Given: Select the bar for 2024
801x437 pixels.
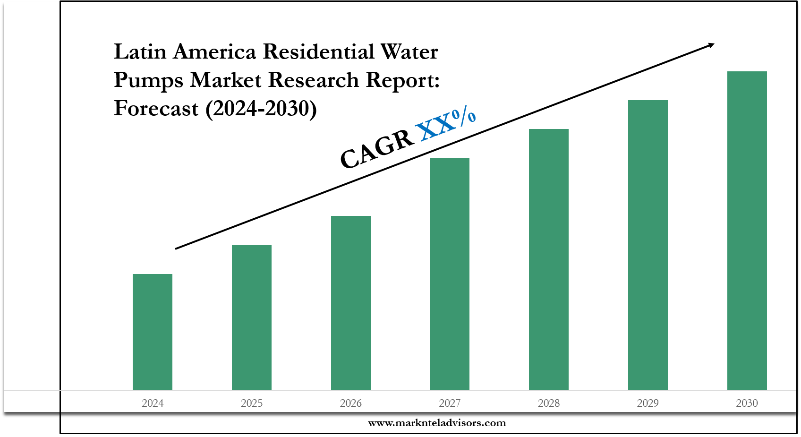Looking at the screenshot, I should click(x=153, y=332).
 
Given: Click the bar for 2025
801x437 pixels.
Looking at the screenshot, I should click(x=252, y=317).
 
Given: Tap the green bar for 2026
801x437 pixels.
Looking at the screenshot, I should click(x=351, y=302).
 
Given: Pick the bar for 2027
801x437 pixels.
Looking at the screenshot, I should click(x=450, y=274).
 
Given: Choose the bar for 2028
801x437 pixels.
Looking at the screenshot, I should click(x=549, y=259).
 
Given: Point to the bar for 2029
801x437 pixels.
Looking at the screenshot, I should click(x=648, y=245).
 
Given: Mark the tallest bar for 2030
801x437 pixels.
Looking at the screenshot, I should click(x=747, y=230).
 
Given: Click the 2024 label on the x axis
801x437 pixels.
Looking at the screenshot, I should click(x=153, y=403).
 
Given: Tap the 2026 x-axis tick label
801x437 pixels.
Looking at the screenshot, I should click(x=351, y=403).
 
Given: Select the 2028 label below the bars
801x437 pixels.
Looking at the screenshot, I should click(x=549, y=403).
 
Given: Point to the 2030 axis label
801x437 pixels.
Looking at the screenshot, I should click(x=747, y=403).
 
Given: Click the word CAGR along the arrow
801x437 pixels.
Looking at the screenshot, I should click(x=376, y=149).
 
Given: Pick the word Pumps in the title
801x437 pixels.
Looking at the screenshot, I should click(x=148, y=80).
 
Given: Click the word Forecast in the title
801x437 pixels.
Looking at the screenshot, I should click(x=156, y=109).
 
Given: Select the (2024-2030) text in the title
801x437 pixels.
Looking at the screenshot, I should click(x=261, y=109).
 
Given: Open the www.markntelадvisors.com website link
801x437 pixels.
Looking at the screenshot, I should click(x=437, y=423).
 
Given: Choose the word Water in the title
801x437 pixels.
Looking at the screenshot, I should click(x=409, y=51).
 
